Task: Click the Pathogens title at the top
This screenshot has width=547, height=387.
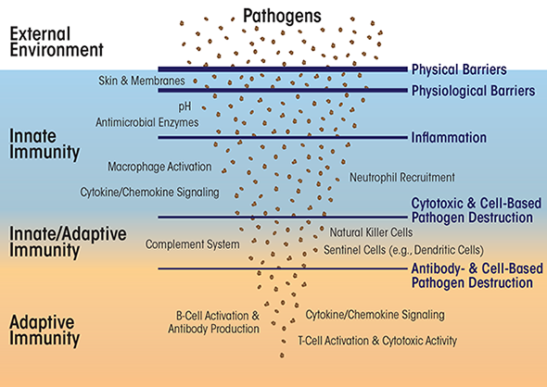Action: click(x=282, y=16)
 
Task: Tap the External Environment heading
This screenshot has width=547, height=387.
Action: click(x=57, y=42)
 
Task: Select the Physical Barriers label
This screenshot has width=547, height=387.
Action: click(x=459, y=69)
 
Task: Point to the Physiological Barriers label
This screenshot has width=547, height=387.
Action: click(x=474, y=91)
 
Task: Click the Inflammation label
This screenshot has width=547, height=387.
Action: click(x=449, y=137)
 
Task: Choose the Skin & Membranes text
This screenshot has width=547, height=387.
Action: click(x=142, y=81)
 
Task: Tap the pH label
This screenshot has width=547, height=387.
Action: click(x=184, y=106)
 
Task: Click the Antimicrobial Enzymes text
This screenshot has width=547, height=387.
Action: click(x=147, y=122)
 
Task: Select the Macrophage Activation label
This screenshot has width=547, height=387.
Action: click(x=159, y=167)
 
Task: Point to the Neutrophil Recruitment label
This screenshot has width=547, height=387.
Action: click(x=402, y=178)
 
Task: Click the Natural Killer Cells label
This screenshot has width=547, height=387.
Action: click(x=371, y=232)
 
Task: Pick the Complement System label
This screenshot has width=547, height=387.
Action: click(x=192, y=244)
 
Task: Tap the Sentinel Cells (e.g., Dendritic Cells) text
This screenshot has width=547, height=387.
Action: click(x=403, y=250)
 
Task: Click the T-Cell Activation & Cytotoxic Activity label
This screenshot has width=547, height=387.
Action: click(x=377, y=341)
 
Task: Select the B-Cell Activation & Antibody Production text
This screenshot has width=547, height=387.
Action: click(x=213, y=322)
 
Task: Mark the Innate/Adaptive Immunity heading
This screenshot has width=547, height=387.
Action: click(x=68, y=242)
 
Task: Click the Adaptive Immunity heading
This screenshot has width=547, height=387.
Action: click(x=45, y=331)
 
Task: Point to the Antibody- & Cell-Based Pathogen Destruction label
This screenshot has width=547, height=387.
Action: click(x=477, y=276)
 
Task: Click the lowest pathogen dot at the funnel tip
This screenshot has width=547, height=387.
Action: click(x=282, y=356)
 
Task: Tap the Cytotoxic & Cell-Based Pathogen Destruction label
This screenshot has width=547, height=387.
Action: click(x=477, y=210)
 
